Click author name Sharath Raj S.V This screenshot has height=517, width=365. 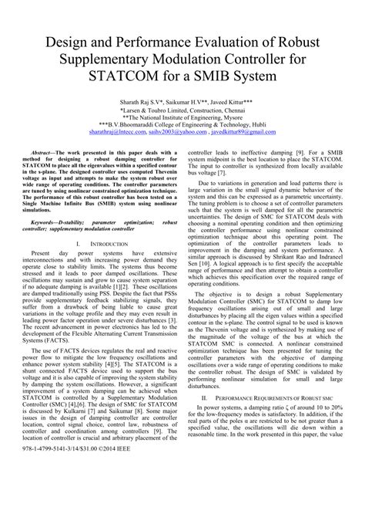pos(145,102)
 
